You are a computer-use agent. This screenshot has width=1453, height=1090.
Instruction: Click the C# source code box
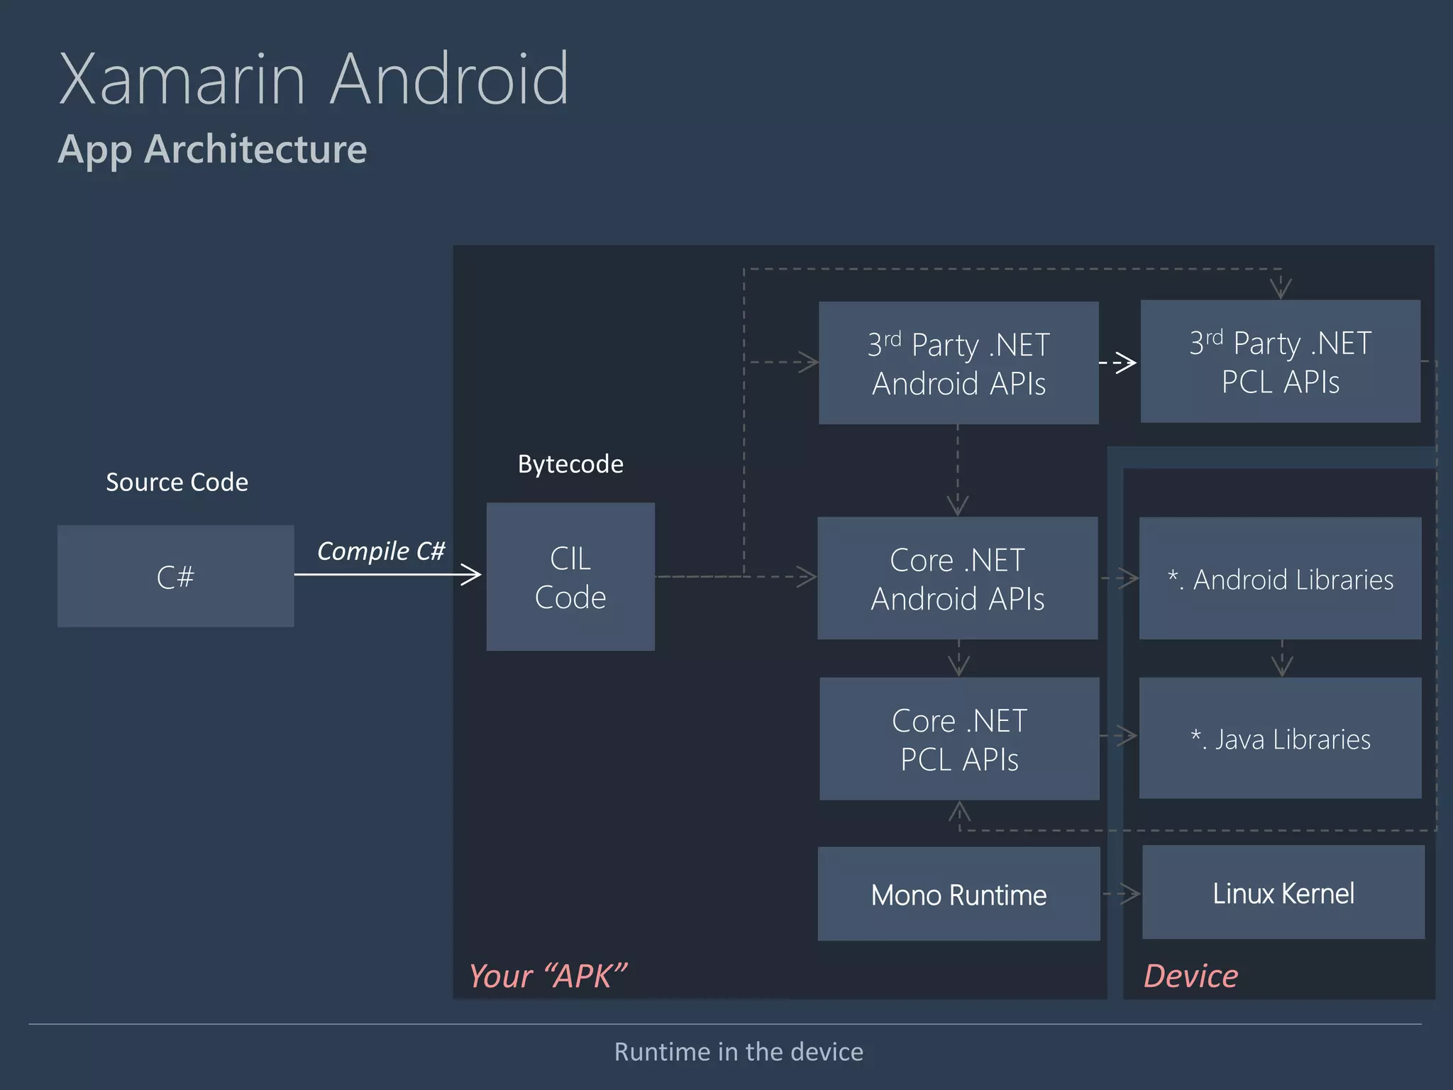[x=175, y=576]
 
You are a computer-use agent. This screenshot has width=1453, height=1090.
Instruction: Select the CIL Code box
[x=570, y=577]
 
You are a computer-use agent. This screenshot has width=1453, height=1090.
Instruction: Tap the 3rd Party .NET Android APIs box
[x=958, y=363]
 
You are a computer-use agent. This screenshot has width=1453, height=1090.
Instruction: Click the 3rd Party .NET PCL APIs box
[x=1280, y=361]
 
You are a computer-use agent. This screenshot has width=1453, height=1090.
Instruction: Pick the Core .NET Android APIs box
[x=957, y=578]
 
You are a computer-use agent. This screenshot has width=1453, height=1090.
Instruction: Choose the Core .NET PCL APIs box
[x=959, y=739]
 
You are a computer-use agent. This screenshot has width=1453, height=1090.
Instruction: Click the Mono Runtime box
[x=958, y=894]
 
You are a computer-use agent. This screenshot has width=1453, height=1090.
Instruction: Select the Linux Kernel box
[x=1283, y=893]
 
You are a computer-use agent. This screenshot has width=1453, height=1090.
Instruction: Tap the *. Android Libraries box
[x=1280, y=578]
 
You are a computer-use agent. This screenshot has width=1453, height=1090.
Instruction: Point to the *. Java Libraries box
[x=1280, y=739]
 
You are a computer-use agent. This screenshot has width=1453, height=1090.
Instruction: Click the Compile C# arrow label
[x=380, y=551]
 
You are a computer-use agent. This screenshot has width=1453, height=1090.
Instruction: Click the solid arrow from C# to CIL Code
[x=387, y=574]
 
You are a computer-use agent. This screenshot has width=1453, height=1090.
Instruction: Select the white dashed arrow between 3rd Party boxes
[x=1119, y=363]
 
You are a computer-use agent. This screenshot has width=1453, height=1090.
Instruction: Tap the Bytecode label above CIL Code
[x=570, y=464]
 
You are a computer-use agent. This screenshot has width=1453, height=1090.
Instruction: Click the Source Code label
[x=177, y=483]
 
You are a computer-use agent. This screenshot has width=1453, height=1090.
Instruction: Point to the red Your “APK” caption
[x=547, y=976]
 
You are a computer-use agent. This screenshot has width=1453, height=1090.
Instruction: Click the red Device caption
[x=1190, y=976]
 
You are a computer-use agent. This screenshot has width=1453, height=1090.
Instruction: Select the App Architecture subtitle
[x=212, y=149]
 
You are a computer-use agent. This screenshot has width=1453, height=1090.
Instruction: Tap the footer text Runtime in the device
[x=739, y=1052]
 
